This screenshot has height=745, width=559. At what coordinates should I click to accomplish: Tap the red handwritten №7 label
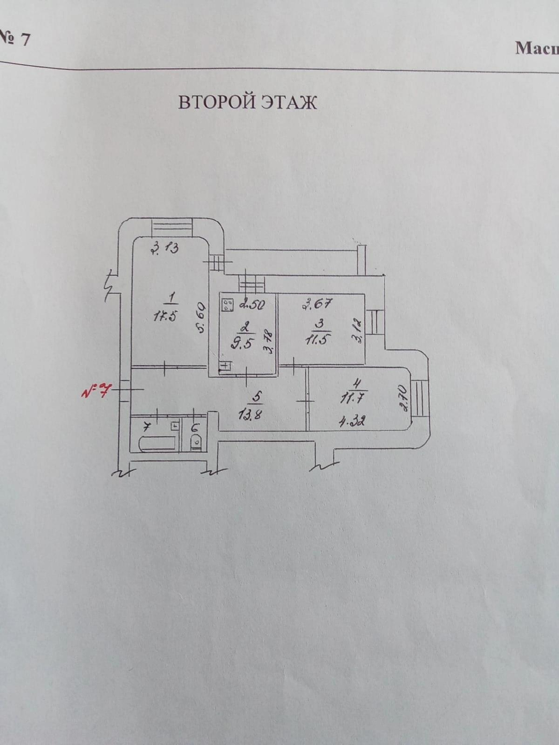coord(95,391)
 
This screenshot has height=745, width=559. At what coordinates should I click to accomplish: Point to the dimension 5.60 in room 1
coord(202,320)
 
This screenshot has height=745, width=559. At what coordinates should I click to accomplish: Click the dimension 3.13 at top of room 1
coord(165,248)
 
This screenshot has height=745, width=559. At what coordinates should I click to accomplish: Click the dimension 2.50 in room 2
coord(253,304)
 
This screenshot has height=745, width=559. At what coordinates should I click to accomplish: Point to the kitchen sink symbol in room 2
coord(226,366)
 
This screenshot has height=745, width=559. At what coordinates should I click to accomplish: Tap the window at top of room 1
coord(171,227)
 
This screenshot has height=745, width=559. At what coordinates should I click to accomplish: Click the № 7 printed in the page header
coord(14,39)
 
